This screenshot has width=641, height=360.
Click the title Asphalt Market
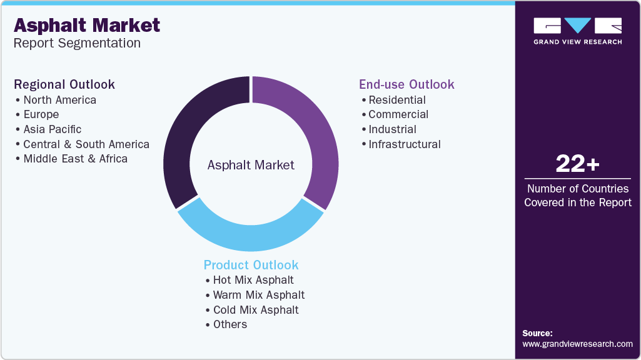click(x=87, y=25)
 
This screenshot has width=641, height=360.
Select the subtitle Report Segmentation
click(x=77, y=43)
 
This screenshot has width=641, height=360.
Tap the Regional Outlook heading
click(x=64, y=84)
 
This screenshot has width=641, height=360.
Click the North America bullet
click(x=59, y=100)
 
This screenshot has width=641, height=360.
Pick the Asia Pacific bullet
click(x=52, y=129)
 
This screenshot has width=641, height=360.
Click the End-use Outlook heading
click(x=406, y=84)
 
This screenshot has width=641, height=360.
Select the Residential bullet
click(x=396, y=100)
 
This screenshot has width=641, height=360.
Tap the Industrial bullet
click(x=392, y=129)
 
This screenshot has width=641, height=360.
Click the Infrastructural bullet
click(x=404, y=144)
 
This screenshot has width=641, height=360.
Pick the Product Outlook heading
click(x=251, y=265)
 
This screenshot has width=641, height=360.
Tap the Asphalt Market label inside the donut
click(x=251, y=165)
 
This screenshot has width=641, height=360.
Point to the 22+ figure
click(x=577, y=164)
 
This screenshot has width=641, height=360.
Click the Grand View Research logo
click(x=577, y=31)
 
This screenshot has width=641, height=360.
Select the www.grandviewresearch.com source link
click(x=577, y=344)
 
